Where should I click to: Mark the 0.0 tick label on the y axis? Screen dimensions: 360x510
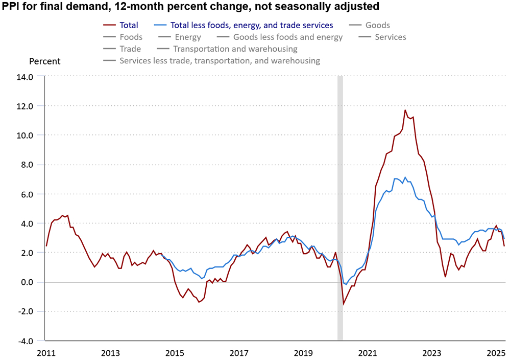point(26,282)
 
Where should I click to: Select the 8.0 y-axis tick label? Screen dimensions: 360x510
point(26,165)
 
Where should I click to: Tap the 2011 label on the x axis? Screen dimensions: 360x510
point(46,353)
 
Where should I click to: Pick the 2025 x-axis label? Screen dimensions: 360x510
point(495,353)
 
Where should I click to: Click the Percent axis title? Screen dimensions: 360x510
point(44,61)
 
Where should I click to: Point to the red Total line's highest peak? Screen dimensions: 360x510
point(405,110)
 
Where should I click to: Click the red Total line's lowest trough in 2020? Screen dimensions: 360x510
point(344,304)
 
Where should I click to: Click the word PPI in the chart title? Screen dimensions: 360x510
point(13,7)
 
